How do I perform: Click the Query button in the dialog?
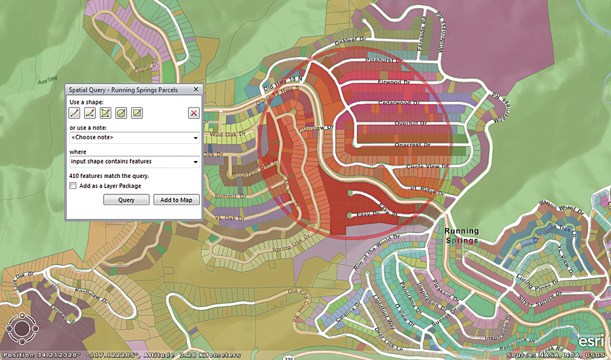click(x=126, y=200)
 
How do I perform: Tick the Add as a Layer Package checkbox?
click(x=73, y=185)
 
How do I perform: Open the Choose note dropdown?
click(x=134, y=138)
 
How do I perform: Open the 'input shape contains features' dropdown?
click(x=134, y=162)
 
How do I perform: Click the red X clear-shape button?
click(x=193, y=113)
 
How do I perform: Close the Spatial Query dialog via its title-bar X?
click(x=196, y=90)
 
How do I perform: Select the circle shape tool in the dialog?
click(x=121, y=113)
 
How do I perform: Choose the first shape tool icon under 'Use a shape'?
click(x=74, y=113)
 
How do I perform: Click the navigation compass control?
click(x=22, y=328)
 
